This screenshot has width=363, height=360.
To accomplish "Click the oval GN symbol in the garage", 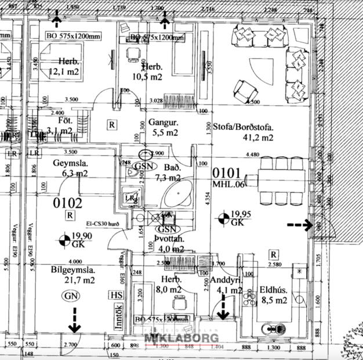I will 71,296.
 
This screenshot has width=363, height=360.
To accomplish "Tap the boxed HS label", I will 115,296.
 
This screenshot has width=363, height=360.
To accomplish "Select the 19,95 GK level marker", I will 232,218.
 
